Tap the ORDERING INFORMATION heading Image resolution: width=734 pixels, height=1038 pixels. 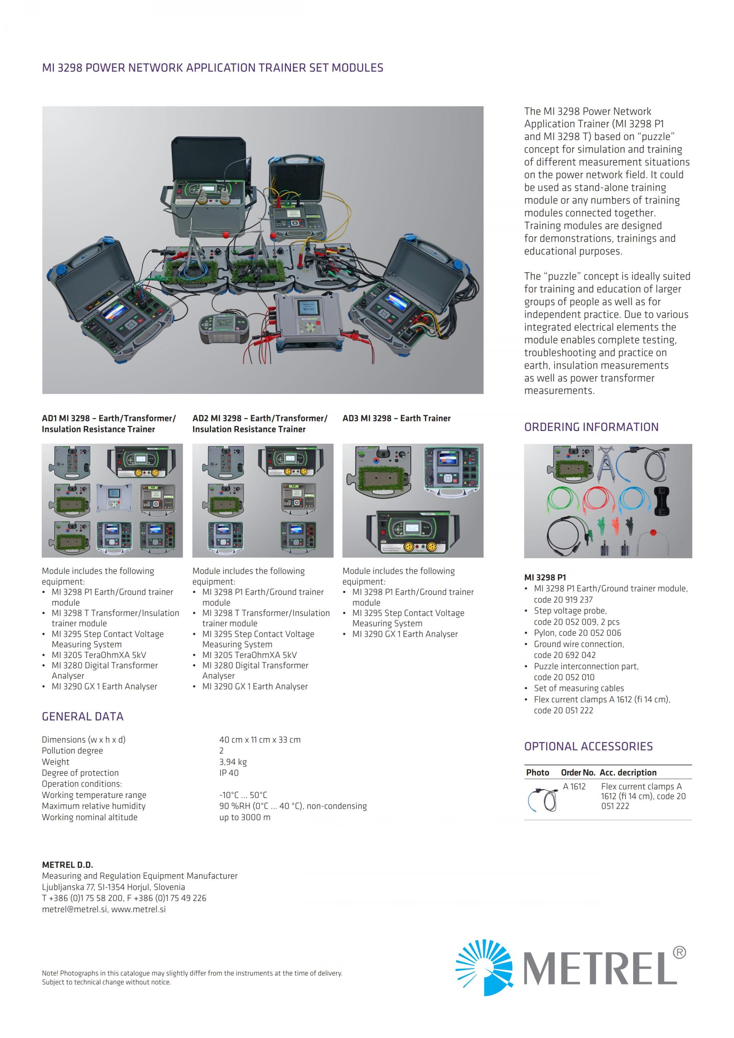(591, 427)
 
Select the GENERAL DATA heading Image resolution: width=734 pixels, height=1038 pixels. (82, 716)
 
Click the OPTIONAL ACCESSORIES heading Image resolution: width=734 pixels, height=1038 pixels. (588, 746)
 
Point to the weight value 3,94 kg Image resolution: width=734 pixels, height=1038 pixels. (233, 762)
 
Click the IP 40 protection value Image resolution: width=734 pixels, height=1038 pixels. (229, 773)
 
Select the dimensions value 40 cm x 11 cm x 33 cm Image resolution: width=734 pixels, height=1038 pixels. (260, 740)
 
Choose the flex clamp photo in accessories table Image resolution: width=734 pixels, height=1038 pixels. (542, 800)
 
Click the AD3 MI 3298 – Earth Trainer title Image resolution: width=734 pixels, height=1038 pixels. (396, 418)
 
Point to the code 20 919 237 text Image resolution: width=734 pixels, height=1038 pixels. (563, 599)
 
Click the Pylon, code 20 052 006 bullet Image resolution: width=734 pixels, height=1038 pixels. (577, 633)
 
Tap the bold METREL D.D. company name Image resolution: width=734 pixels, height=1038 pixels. (67, 864)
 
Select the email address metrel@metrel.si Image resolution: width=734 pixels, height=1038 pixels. (74, 909)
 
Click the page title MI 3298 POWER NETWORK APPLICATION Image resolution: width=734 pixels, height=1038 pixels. (213, 68)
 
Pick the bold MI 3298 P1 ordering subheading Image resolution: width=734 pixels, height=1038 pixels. (545, 577)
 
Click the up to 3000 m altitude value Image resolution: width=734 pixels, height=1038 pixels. (245, 817)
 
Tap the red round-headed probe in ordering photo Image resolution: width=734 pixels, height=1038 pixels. (652, 533)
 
